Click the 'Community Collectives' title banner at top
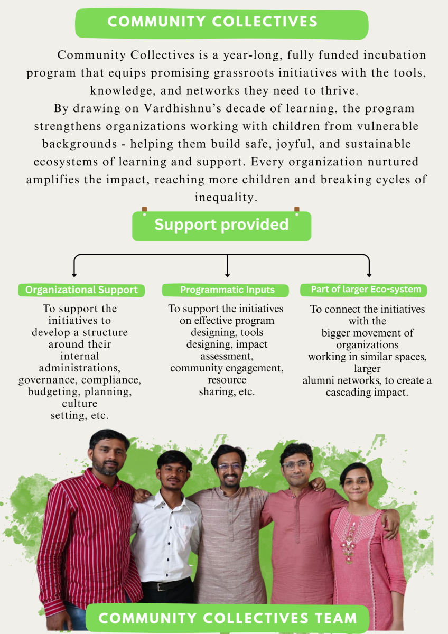pos(212,22)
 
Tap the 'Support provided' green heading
pos(221,225)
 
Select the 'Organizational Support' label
pos(81,290)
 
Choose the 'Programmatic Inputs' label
pos(227,290)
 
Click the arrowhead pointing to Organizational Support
pos(74,274)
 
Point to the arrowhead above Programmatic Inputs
pos(227,274)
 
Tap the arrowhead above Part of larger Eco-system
pos(369,274)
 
